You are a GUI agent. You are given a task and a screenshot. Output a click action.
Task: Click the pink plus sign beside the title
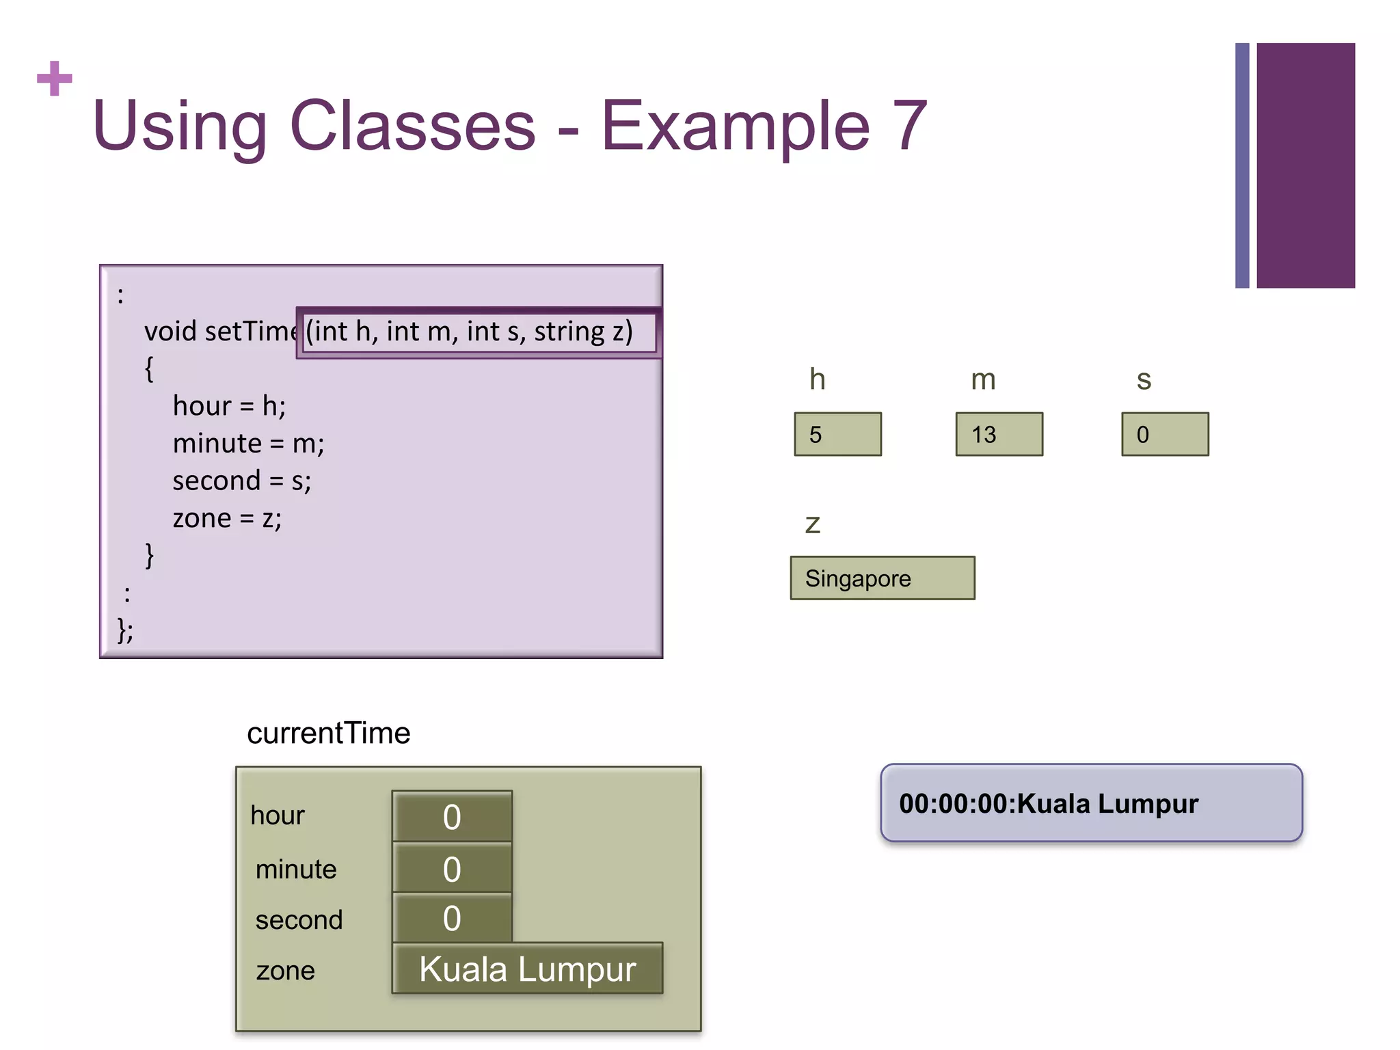pos(55,78)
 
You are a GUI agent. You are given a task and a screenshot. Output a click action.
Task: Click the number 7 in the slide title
pos(910,126)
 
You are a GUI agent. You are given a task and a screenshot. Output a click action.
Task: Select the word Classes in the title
pos(413,126)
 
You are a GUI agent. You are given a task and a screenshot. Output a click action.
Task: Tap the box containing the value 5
pos(837,434)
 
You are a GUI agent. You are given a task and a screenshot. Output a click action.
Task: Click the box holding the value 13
pos(999,434)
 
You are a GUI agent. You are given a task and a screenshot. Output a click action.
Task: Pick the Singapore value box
pos(882,578)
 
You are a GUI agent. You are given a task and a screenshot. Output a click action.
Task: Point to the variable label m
pos(983,380)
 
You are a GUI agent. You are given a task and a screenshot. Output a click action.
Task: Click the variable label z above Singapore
pos(812,524)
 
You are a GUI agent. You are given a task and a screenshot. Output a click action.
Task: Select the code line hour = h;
pos(229,406)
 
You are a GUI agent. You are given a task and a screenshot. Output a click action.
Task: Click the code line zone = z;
pos(227,518)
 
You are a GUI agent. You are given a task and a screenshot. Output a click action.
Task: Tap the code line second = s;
pos(241,481)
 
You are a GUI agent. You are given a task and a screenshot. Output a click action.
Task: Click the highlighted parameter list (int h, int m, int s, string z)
pos(470,332)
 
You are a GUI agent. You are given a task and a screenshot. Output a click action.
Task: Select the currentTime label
pos(328,733)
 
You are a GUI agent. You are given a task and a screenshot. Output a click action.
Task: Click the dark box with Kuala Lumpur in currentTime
pos(527,969)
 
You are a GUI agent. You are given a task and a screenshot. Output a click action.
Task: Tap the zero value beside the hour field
pos(452,817)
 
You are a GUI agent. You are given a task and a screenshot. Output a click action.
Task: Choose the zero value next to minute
pos(452,869)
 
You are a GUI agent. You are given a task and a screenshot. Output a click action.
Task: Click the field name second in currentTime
pos(299,920)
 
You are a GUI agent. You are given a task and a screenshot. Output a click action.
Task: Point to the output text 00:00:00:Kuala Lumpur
pos(1048,804)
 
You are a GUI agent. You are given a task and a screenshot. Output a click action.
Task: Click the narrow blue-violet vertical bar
pos(1242,165)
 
